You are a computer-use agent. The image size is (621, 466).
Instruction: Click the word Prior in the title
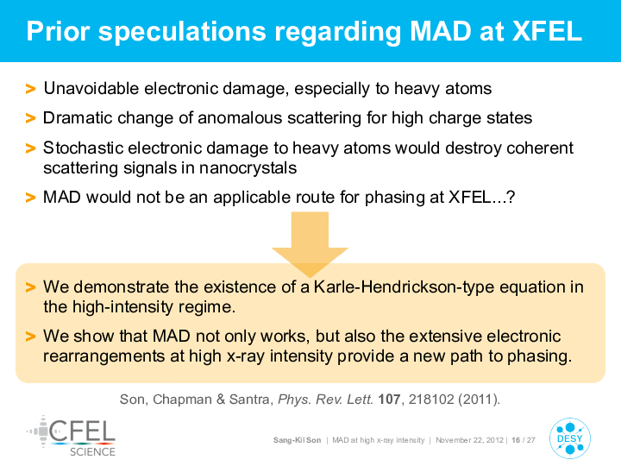click(59, 31)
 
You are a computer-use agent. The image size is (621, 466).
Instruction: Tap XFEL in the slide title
click(547, 31)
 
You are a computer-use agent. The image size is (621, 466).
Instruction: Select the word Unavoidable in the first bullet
click(91, 88)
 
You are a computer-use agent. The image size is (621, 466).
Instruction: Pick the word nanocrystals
click(248, 168)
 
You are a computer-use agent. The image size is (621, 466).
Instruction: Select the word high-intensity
click(122, 306)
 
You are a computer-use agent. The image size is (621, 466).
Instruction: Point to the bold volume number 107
click(389, 399)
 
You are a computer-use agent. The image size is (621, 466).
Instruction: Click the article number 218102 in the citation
click(431, 399)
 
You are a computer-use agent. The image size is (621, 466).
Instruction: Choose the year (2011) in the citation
click(478, 399)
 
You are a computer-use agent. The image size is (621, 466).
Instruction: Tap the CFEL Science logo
click(72, 437)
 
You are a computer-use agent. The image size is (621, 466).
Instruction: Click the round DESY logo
click(570, 438)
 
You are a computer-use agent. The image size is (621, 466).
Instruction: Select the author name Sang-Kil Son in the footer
click(297, 440)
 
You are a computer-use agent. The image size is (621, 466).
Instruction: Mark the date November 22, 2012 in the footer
click(469, 440)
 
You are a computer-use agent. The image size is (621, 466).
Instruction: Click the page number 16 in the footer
click(516, 440)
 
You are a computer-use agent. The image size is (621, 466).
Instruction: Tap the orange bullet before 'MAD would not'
click(30, 198)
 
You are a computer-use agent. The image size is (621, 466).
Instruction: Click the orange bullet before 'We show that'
click(30, 337)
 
